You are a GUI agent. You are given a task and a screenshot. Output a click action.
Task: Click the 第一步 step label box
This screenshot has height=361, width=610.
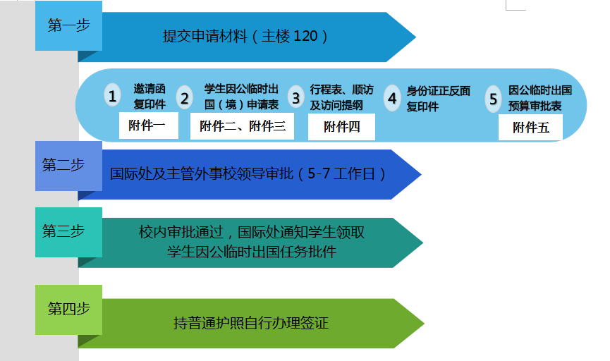click(x=68, y=25)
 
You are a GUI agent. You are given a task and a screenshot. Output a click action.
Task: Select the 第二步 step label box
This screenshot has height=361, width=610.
click(x=68, y=166)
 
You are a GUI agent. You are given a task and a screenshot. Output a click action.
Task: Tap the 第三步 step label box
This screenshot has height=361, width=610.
click(x=68, y=232)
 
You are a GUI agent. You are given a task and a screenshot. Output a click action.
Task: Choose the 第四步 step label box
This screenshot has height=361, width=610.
click(x=68, y=310)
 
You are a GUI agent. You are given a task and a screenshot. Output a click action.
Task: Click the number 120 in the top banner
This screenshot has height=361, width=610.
click(x=305, y=36)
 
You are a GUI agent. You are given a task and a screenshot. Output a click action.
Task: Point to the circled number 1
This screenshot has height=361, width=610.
click(x=112, y=96)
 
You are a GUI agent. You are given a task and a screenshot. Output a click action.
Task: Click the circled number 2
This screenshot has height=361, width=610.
click(x=184, y=97)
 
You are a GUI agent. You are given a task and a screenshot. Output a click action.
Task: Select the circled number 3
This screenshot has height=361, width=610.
click(x=296, y=97)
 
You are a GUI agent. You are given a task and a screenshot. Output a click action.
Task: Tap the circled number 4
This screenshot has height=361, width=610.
click(x=392, y=97)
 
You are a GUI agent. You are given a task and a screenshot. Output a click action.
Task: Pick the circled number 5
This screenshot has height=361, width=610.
click(x=493, y=99)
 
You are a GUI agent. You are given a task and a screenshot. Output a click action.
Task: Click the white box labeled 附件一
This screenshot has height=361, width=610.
click(x=149, y=126)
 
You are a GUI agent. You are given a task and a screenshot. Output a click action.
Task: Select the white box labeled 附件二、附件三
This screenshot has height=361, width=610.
click(x=242, y=126)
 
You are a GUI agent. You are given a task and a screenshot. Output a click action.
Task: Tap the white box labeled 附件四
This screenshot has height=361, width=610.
click(x=341, y=127)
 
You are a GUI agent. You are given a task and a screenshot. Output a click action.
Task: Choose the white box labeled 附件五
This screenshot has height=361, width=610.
click(x=530, y=127)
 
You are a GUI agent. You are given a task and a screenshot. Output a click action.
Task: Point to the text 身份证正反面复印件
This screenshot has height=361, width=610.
click(x=439, y=99)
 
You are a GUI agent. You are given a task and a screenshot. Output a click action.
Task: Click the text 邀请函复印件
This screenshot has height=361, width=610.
click(x=150, y=97)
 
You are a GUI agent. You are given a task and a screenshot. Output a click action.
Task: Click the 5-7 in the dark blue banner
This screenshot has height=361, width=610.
click(x=319, y=173)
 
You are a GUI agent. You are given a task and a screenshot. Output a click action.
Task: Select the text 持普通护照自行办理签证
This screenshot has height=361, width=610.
click(x=251, y=323)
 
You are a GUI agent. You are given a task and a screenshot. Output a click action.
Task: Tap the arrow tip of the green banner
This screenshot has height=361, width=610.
click(x=424, y=323)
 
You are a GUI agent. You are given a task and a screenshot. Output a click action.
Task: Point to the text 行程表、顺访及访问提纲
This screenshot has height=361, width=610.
click(x=341, y=97)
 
